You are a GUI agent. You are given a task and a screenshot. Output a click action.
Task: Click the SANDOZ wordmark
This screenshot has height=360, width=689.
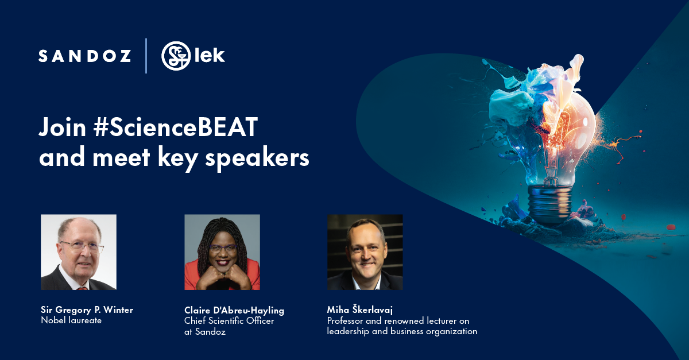tap(85, 56)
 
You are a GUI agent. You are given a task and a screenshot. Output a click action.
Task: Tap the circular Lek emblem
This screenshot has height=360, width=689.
tap(176, 56)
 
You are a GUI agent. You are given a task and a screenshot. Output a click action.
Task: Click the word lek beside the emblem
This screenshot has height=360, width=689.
tap(210, 55)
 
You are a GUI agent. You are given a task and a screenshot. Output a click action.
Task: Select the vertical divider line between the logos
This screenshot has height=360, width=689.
tap(146, 56)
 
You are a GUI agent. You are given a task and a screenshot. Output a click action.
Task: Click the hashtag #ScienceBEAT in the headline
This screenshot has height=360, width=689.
tap(176, 127)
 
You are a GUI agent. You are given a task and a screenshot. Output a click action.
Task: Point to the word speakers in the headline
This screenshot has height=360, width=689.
tap(257, 158)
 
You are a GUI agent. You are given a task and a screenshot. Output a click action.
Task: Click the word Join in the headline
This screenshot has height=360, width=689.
tap(63, 127)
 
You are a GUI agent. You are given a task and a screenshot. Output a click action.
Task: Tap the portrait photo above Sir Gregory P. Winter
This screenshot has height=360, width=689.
tap(79, 252)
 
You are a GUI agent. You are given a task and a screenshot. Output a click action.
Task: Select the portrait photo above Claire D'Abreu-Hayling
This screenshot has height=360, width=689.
tap(222, 252)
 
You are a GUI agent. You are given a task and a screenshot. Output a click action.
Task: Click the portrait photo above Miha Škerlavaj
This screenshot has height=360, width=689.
tap(365, 252)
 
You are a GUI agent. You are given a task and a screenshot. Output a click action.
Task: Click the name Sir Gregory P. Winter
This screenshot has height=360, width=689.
tap(87, 310)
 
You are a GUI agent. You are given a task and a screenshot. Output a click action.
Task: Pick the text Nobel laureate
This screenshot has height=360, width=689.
tap(71, 320)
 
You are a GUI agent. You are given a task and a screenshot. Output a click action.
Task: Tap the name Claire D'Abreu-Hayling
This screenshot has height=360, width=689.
tap(234, 311)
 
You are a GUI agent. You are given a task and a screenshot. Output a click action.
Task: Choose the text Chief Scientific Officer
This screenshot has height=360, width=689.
tap(229, 321)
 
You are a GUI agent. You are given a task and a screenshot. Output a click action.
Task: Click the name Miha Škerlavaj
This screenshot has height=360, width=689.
tap(360, 310)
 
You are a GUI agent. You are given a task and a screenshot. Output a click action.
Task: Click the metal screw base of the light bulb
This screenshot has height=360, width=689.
tap(550, 203)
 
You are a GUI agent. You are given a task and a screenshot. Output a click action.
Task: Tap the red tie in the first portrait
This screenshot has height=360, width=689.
tap(82, 288)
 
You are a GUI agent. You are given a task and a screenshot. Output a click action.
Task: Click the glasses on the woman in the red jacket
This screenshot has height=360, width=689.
tap(223, 248)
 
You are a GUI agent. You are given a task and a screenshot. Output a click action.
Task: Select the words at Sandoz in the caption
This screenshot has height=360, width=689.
tap(205, 332)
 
